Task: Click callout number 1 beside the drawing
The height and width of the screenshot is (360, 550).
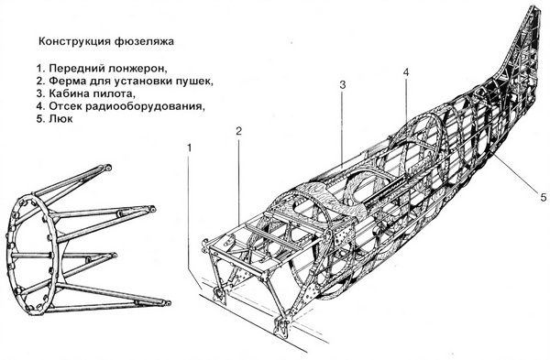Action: pyautogui.click(x=190, y=147)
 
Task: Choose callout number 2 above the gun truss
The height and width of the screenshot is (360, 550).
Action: pyautogui.click(x=237, y=132)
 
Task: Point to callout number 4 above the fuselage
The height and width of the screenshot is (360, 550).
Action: pyautogui.click(x=404, y=73)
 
